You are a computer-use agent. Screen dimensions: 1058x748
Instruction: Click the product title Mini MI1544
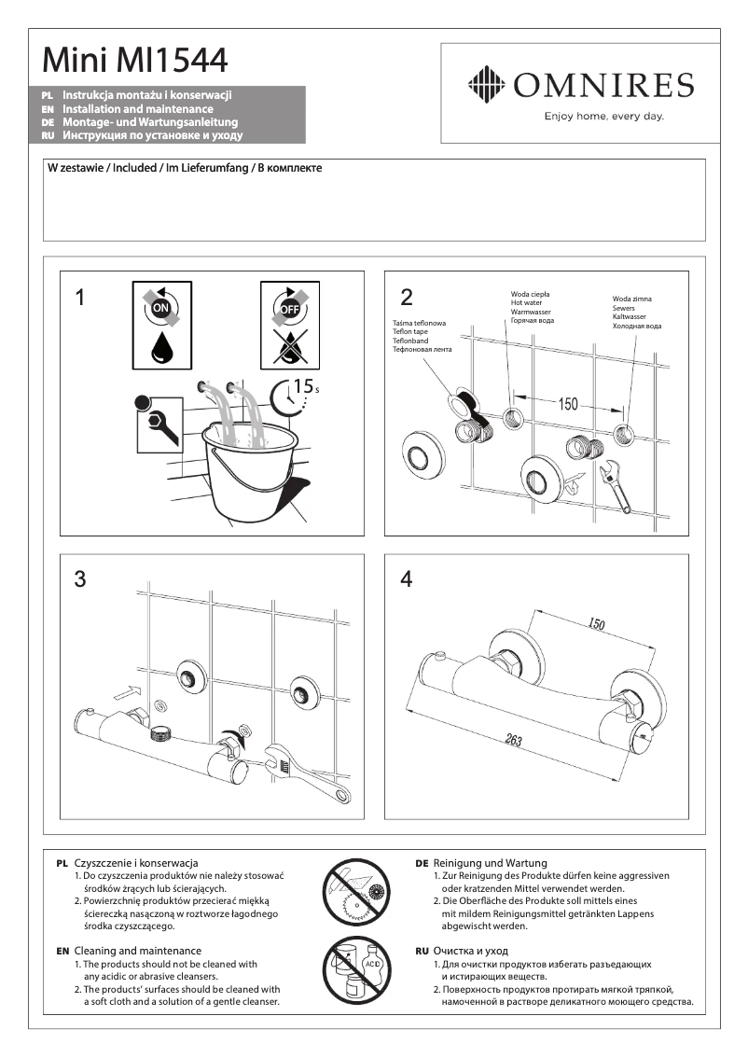(x=134, y=61)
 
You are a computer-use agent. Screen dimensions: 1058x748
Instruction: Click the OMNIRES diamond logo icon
(x=485, y=85)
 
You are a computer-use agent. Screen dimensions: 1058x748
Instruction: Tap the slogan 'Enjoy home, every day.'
(x=603, y=117)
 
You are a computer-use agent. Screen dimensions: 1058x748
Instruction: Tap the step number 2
(x=406, y=298)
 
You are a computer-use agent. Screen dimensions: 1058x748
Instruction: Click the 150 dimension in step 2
(x=568, y=404)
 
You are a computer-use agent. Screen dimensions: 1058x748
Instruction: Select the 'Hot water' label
(x=528, y=302)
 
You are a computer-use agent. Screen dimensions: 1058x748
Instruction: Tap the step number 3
(x=80, y=579)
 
